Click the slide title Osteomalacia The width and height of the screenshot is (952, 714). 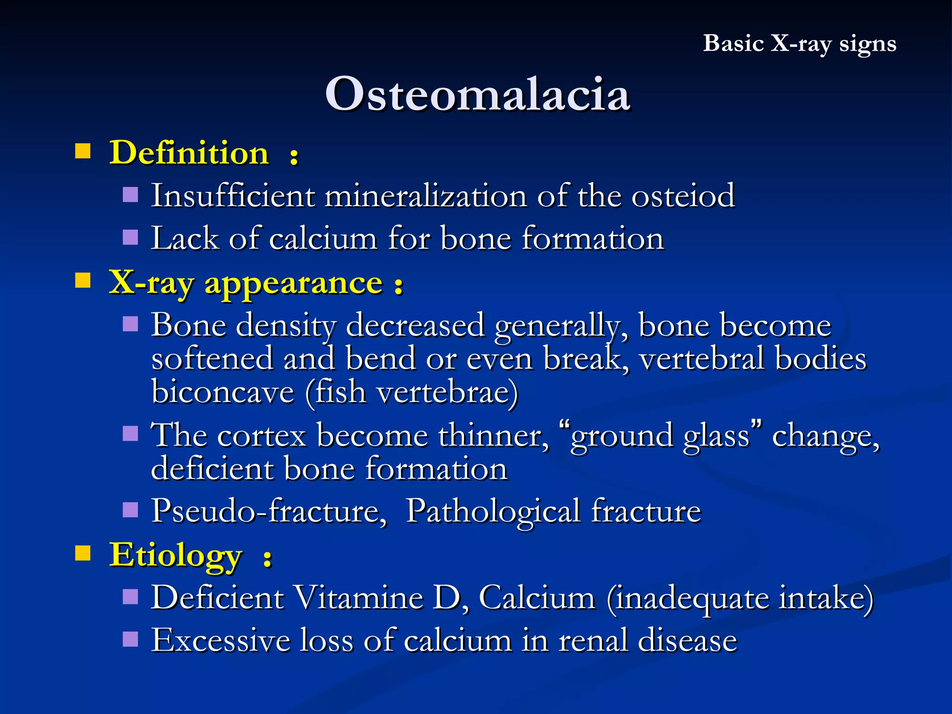pos(477,94)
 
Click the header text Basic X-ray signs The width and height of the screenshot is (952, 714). pos(799,44)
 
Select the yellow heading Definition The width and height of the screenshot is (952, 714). pos(189,153)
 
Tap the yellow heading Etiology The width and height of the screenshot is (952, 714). pos(176,555)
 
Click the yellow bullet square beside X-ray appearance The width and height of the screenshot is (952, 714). pos(83,281)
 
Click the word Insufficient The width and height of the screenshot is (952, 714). pos(233,196)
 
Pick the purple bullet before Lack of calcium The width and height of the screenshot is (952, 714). pos(131,237)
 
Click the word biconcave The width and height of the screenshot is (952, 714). pos(223,392)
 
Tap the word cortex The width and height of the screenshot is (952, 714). pos(261,436)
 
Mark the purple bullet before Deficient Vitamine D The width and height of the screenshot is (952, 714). pos(131,596)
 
